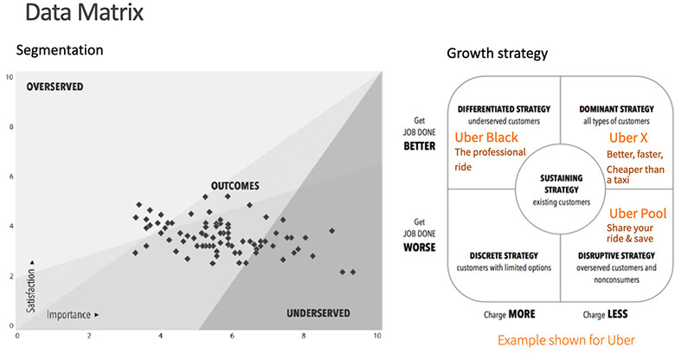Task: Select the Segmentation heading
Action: pyautogui.click(x=60, y=50)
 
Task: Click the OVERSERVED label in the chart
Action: pyautogui.click(x=61, y=87)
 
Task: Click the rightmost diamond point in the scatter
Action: pyautogui.click(x=353, y=272)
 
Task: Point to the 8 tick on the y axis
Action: pyautogui.click(x=10, y=127)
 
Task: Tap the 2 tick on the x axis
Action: pyautogui.click(x=89, y=336)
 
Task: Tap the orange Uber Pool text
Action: pyautogui.click(x=636, y=213)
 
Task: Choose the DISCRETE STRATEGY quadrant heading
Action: pyautogui.click(x=491, y=256)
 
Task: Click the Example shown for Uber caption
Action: pyautogui.click(x=566, y=340)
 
